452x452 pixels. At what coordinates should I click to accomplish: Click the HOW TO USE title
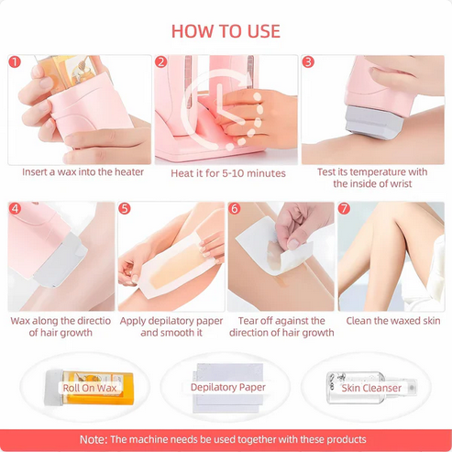(x=226, y=30)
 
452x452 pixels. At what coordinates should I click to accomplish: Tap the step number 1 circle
(x=15, y=62)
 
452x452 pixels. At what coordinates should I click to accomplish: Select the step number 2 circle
(x=161, y=62)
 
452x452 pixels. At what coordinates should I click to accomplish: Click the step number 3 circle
(x=308, y=62)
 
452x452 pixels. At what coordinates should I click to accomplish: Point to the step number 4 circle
(x=15, y=209)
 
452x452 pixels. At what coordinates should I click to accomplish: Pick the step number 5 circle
(x=125, y=209)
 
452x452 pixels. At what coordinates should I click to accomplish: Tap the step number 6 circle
(x=235, y=209)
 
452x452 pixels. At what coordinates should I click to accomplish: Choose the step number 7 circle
(x=345, y=209)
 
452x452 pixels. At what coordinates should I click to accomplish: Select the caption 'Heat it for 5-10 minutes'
(x=227, y=173)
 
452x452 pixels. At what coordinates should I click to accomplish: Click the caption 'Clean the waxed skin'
(x=392, y=321)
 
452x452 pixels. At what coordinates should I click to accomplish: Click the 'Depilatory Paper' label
(x=227, y=388)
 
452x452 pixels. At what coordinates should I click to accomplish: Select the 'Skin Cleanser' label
(x=372, y=388)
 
